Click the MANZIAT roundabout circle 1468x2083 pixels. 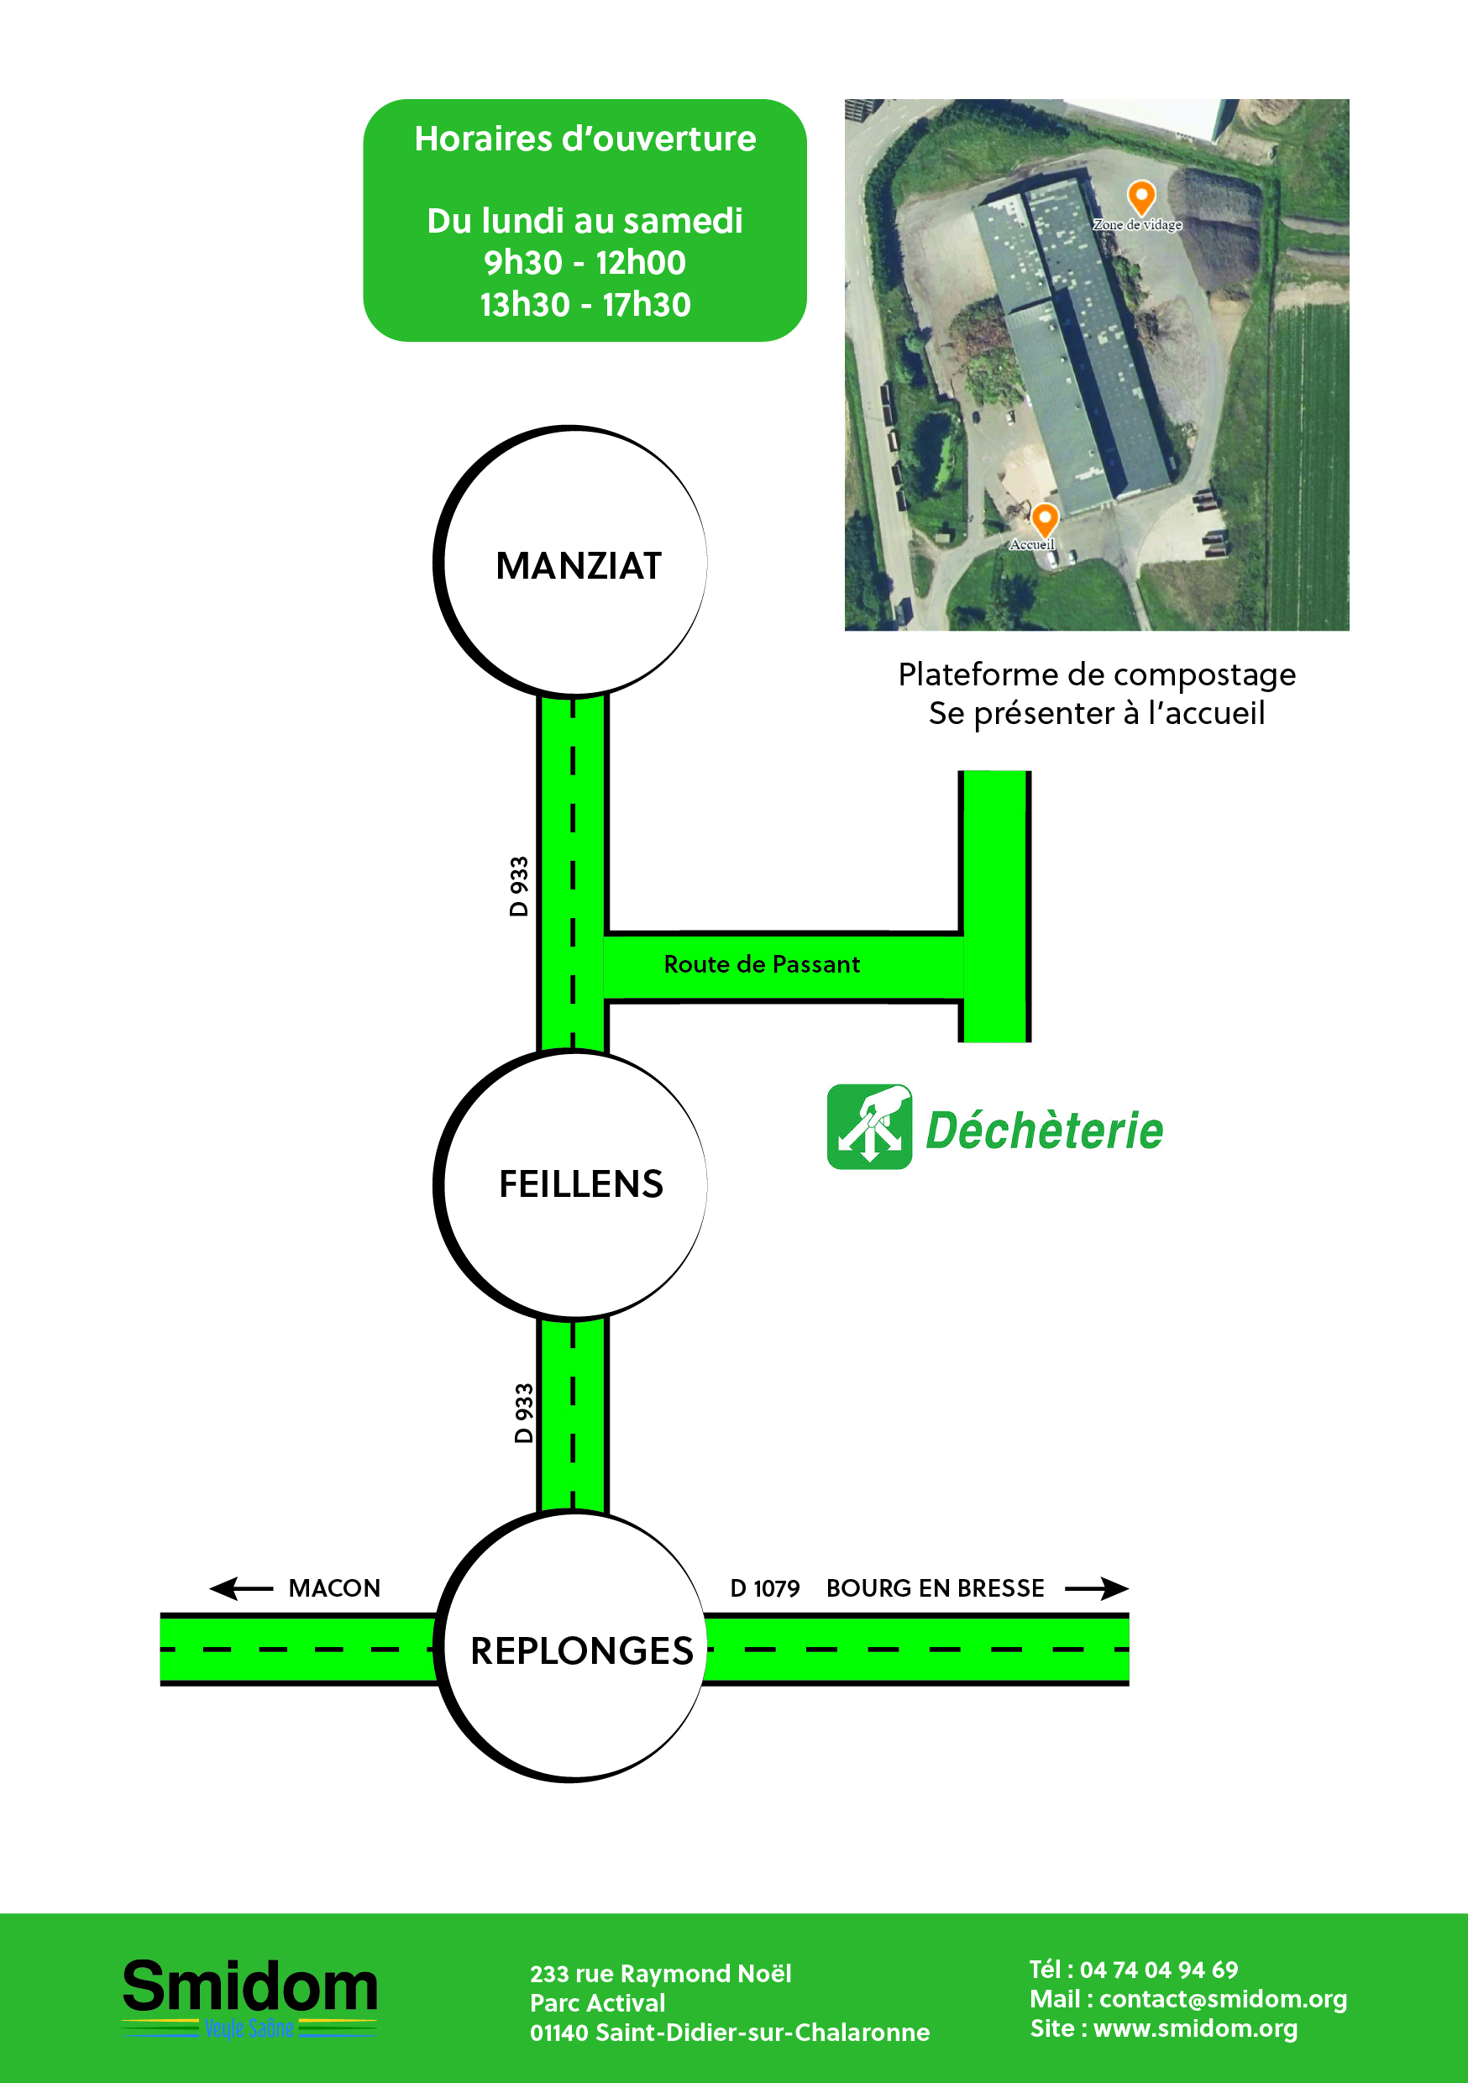pyautogui.click(x=572, y=563)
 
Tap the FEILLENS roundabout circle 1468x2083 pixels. pyautogui.click(x=572, y=1183)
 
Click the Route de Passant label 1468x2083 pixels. pyautogui.click(x=761, y=964)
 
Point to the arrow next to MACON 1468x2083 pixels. pyautogui.click(x=240, y=1588)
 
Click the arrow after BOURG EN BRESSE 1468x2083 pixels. pyautogui.click(x=1096, y=1588)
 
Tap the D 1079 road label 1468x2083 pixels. pyautogui.click(x=764, y=1588)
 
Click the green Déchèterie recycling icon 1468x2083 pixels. pyautogui.click(x=869, y=1127)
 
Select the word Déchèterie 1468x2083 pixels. pyautogui.click(x=1043, y=1131)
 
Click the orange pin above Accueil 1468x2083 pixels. pyautogui.click(x=1044, y=519)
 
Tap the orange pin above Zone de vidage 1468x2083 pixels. pyautogui.click(x=1140, y=196)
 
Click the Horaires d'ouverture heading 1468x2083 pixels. pyautogui.click(x=585, y=139)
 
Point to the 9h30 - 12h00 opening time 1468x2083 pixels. pyautogui.click(x=585, y=262)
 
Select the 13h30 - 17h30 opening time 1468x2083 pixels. pyautogui.click(x=585, y=305)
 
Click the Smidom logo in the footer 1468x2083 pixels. pyautogui.click(x=249, y=1996)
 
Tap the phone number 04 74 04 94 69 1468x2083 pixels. pyautogui.click(x=1158, y=1970)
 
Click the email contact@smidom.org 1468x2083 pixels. pyautogui.click(x=1222, y=1999)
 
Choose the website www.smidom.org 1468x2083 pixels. pyautogui.click(x=1195, y=2028)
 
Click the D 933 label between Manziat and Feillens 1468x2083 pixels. pyautogui.click(x=518, y=886)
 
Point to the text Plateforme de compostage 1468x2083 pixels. pyautogui.click(x=1096, y=674)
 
